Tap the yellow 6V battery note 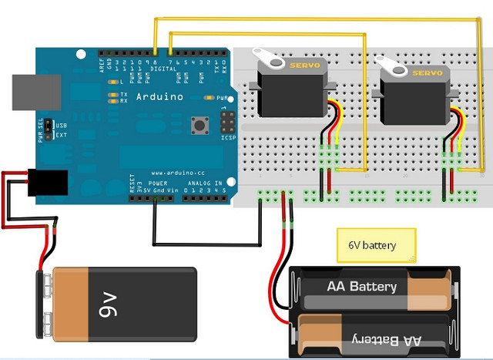376,246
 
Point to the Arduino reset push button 203,126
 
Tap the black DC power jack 48,183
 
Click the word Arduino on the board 159,97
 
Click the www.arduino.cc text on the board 177,173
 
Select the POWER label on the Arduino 158,183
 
